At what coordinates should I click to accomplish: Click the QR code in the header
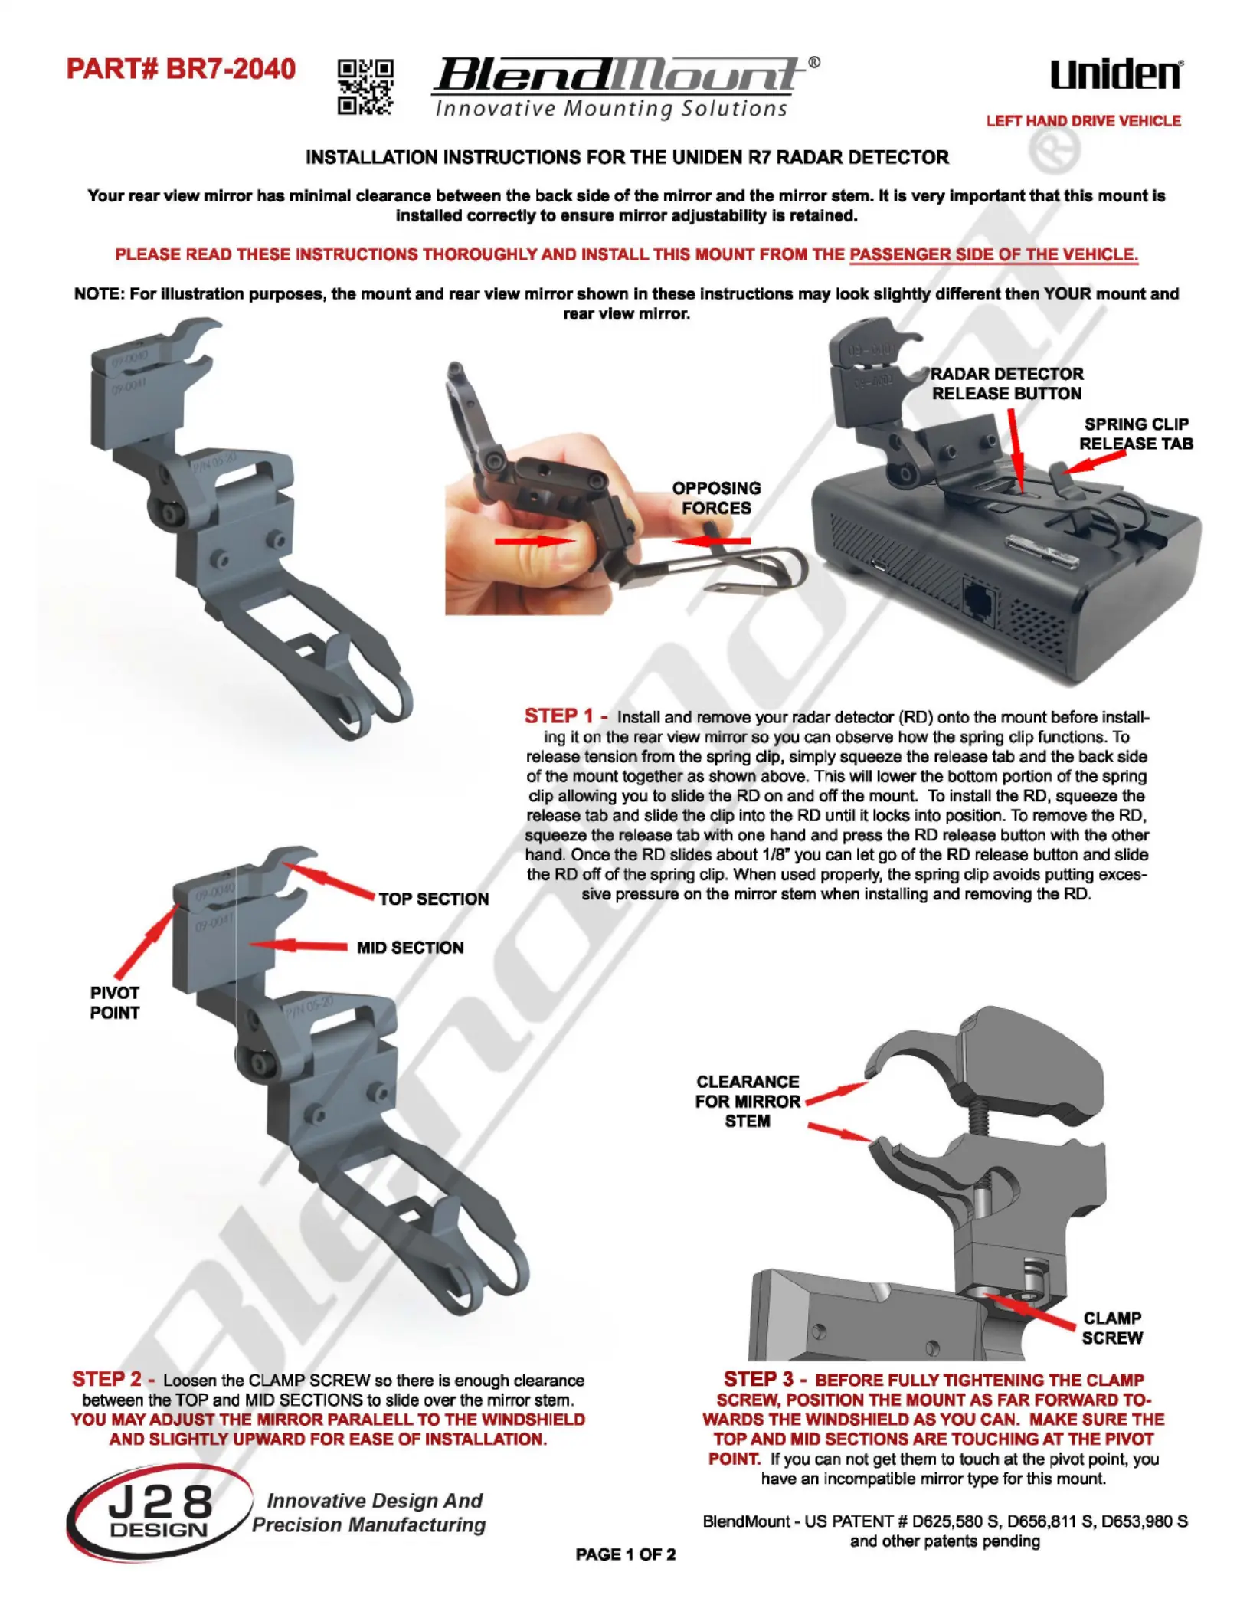pos(366,87)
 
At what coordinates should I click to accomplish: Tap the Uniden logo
pos(1116,74)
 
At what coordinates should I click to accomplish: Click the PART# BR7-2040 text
pos(181,69)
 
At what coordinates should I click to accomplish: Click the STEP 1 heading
pos(566,716)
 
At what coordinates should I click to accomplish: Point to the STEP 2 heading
pos(113,1379)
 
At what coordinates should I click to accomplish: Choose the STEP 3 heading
pos(765,1379)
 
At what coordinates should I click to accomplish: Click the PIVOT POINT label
pos(115,1003)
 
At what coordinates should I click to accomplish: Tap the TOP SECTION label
pos(434,899)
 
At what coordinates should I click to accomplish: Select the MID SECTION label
pos(410,948)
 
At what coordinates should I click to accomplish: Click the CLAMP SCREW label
pos(1112,1328)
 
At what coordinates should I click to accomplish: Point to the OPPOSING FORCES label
pos(716,498)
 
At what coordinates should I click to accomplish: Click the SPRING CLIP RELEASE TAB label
pos(1137,434)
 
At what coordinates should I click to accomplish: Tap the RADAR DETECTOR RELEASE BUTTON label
pos(1007,384)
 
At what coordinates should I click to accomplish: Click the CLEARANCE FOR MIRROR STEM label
pos(748,1101)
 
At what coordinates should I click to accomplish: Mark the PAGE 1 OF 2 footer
pos(626,1554)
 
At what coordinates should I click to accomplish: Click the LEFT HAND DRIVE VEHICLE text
pos(1083,121)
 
